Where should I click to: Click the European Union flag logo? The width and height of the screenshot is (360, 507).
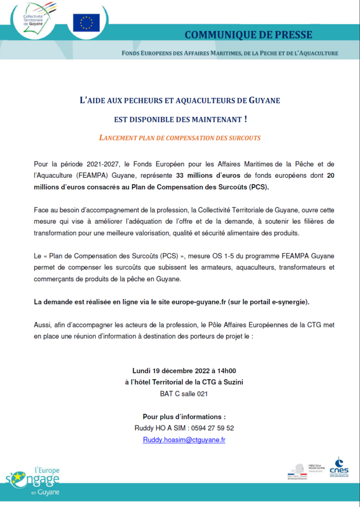[86, 22]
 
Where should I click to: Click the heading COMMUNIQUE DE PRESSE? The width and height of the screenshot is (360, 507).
[248, 35]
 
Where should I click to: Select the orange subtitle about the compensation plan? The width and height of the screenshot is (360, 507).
[180, 138]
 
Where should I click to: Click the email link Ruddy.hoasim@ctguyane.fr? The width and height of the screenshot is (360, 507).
[184, 440]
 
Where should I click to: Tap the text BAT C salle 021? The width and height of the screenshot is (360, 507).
[180, 394]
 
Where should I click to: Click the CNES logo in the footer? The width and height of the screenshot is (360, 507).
[339, 467]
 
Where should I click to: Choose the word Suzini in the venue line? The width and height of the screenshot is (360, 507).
[233, 382]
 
